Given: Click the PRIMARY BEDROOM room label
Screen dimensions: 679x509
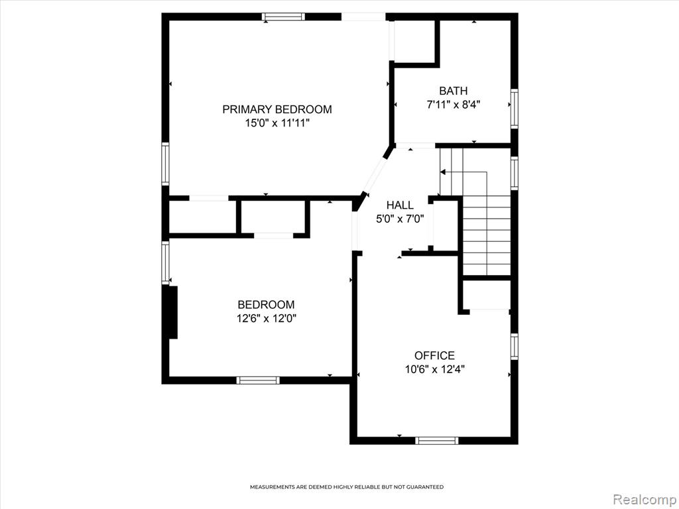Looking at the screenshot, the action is [277, 109].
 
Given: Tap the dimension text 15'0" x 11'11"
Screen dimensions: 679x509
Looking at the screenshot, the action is [277, 123].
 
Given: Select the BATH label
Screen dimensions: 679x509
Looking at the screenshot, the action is [454, 91].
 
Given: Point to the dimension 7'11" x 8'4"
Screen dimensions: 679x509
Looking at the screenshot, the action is [454, 105].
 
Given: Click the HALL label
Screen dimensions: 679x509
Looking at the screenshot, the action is [400, 205].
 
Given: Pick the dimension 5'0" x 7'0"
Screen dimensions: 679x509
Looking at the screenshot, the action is [400, 219].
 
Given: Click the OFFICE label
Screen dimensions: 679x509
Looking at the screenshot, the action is [435, 355].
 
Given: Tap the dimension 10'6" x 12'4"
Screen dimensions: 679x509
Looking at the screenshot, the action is [435, 369].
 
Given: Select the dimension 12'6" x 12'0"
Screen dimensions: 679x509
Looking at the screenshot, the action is [267, 319].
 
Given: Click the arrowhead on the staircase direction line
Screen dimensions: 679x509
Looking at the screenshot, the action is [442, 172].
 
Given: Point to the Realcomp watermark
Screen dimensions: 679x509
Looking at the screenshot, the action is [645, 499].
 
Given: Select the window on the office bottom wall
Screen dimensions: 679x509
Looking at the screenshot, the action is [436, 441].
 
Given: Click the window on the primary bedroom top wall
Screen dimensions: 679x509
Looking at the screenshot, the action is [283, 17].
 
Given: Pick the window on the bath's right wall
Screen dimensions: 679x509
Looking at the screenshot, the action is [514, 108].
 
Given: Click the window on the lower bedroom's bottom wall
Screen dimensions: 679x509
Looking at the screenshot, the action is [258, 380].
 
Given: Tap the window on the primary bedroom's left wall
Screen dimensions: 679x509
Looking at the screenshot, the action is [165, 164].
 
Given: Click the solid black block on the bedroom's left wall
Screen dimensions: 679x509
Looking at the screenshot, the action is [173, 312].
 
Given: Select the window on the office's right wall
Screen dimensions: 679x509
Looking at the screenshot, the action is [514, 346].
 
